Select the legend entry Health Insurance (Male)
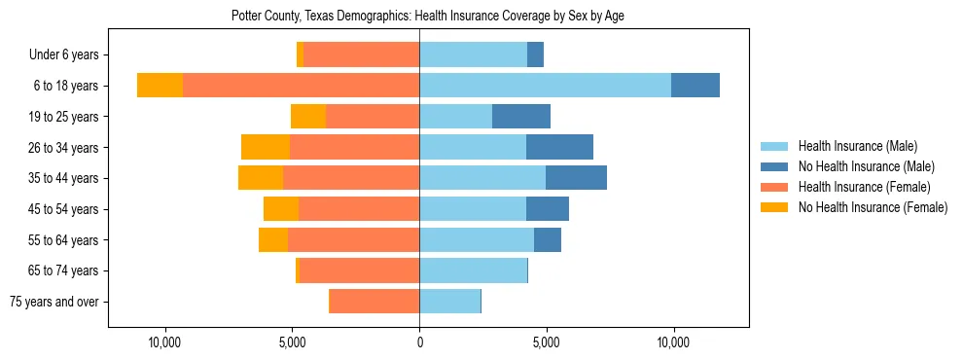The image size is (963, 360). [857, 146]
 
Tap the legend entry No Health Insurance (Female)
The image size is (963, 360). [873, 207]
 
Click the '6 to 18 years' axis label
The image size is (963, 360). [66, 86]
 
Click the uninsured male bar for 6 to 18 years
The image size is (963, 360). [695, 86]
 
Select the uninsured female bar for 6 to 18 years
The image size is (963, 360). [160, 86]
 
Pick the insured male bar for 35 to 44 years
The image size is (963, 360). [482, 178]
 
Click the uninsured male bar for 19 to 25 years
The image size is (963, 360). [521, 117]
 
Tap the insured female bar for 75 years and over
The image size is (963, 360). [374, 302]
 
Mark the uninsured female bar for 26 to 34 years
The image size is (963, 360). [266, 147]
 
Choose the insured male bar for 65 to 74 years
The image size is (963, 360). [473, 270]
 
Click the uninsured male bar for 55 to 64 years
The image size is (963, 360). [548, 239]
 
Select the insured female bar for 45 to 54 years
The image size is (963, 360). [359, 209]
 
